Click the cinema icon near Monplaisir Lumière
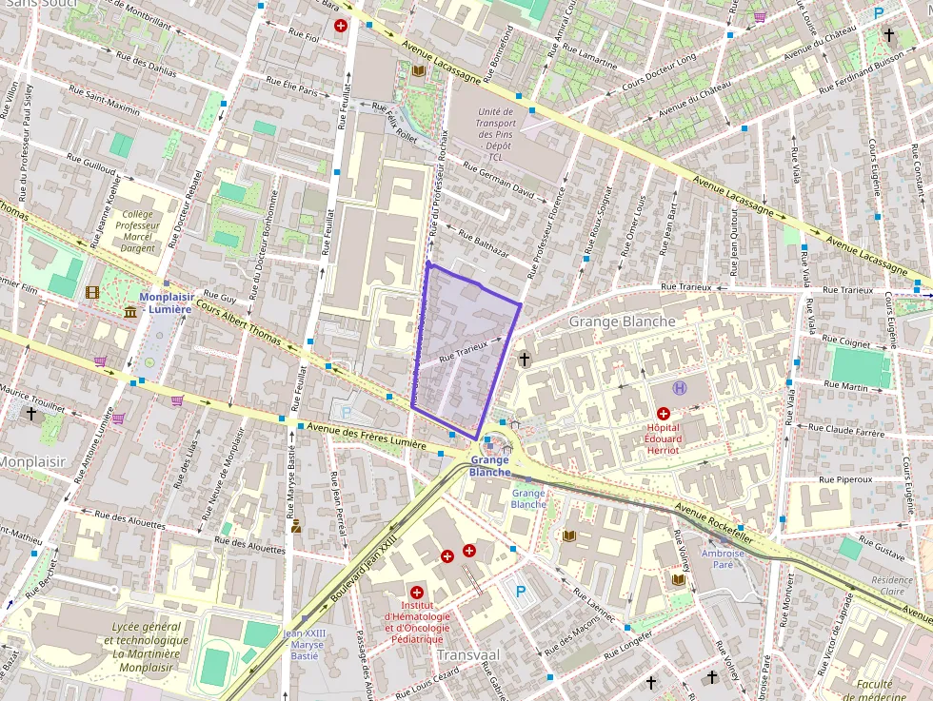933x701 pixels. click(92, 293)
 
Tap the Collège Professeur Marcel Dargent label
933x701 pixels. click(137, 231)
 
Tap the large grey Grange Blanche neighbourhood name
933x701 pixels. click(622, 321)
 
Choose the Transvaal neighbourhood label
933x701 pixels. click(467, 654)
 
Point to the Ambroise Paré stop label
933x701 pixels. click(723, 558)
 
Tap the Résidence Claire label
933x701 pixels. click(891, 585)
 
